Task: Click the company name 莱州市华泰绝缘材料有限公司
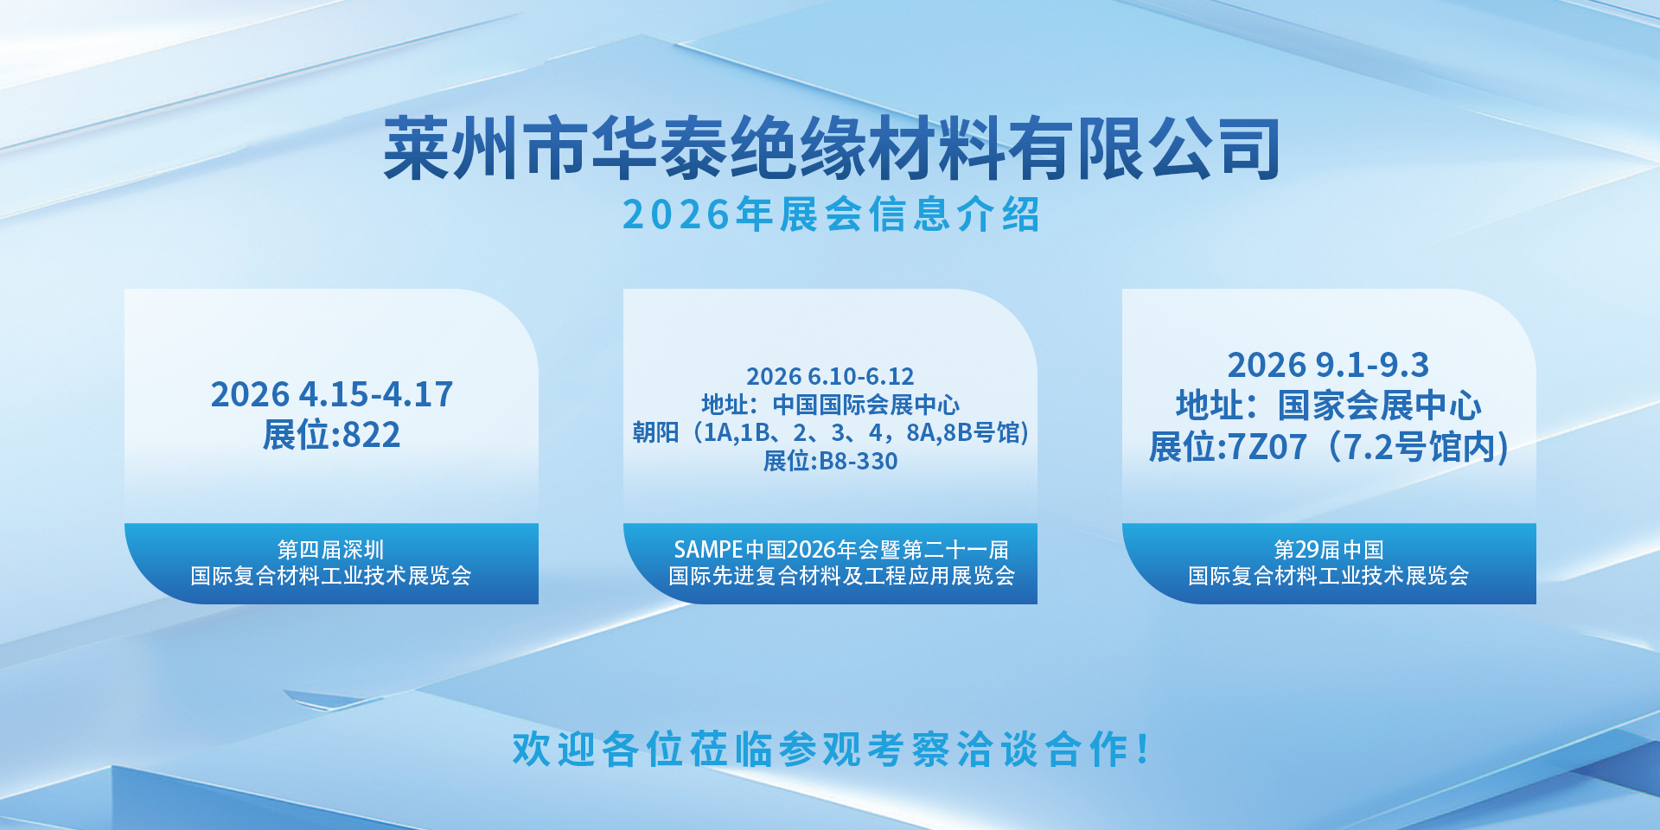click(x=832, y=149)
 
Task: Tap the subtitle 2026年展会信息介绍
click(x=831, y=214)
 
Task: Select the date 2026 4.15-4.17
click(x=332, y=394)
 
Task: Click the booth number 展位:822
click(x=332, y=435)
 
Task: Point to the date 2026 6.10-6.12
click(x=830, y=376)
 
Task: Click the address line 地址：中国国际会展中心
click(x=830, y=405)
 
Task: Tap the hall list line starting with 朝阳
click(x=830, y=432)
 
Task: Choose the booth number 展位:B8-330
click(x=830, y=461)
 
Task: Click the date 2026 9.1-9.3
click(x=1329, y=365)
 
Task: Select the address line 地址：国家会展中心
click(x=1329, y=405)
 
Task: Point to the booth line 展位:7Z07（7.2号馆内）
click(x=1329, y=447)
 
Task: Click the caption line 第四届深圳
click(x=331, y=550)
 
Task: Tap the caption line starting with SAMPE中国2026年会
click(x=841, y=550)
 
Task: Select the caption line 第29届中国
click(x=1329, y=550)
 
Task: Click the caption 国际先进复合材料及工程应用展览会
click(x=841, y=576)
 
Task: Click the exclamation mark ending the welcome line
click(x=1144, y=749)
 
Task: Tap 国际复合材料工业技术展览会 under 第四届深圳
click(x=331, y=576)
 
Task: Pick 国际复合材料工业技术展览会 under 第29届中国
click(x=1329, y=576)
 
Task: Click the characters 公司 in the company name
click(x=1213, y=149)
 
